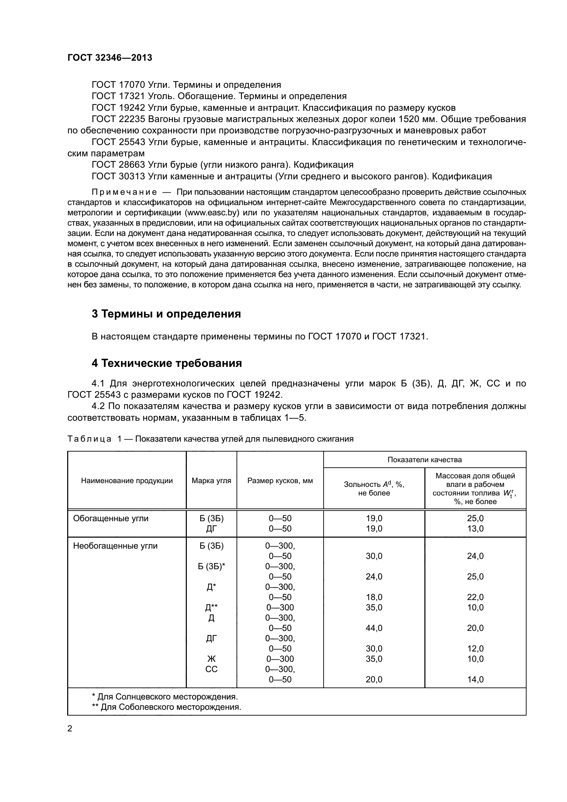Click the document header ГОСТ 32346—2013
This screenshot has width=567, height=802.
[110, 58]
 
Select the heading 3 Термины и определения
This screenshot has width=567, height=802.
[166, 314]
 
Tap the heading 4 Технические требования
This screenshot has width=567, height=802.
[167, 363]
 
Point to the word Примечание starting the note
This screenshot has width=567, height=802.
[124, 192]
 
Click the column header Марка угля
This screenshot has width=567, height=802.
[211, 481]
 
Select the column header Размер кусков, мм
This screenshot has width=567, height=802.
[280, 481]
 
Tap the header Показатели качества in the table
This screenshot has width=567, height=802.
[424, 460]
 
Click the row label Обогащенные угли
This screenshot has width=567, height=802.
[111, 518]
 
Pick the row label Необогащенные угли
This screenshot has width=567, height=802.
[115, 546]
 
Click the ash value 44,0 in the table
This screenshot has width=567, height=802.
[374, 628]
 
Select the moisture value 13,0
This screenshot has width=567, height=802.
[475, 528]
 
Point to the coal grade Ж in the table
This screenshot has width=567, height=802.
[211, 659]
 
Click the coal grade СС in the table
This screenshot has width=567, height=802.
[211, 669]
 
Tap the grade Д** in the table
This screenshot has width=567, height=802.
[211, 608]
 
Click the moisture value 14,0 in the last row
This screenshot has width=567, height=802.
[475, 679]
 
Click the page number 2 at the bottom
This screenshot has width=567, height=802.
[70, 729]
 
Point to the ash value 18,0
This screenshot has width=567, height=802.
[374, 597]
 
